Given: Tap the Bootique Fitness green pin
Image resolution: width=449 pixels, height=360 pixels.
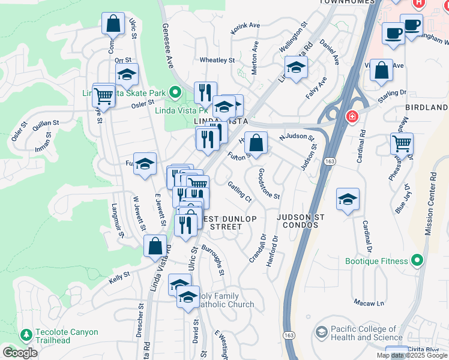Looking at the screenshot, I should click(x=418, y=261).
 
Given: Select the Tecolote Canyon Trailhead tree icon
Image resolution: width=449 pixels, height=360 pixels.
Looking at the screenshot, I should click(x=26, y=334).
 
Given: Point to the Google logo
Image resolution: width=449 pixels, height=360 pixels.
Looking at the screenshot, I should click(x=20, y=353).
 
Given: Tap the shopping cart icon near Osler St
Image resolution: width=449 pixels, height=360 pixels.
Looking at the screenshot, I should click(x=104, y=94).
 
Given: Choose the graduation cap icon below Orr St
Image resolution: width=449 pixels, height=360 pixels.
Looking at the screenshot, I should click(x=127, y=74).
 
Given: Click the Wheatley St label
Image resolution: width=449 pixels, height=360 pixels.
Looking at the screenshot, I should click(x=217, y=60).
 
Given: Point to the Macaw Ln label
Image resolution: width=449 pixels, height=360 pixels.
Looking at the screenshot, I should click(x=368, y=302).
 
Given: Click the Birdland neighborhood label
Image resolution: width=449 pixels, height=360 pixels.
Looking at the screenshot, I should click(x=429, y=107).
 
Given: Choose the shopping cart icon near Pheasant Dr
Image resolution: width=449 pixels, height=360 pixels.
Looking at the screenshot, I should click(x=402, y=143).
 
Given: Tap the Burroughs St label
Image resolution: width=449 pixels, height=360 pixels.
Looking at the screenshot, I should click(x=214, y=259).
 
